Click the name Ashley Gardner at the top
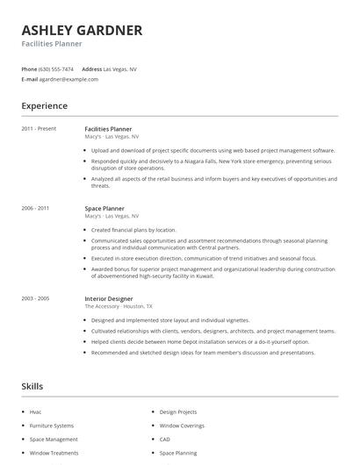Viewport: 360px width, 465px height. point(82,30)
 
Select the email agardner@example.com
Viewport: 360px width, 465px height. point(68,79)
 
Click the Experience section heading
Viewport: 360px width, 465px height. point(44,106)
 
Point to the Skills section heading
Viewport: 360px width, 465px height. point(32,386)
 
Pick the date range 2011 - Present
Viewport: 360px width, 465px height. point(39,129)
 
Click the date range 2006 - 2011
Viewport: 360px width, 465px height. point(35,209)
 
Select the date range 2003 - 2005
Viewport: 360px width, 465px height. point(35,299)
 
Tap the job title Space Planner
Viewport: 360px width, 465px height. point(104,209)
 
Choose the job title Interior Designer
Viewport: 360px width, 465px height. point(109,299)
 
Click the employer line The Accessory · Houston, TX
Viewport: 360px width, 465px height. point(119,307)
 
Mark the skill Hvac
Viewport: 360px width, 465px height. point(36,411)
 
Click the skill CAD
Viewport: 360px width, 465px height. point(165,439)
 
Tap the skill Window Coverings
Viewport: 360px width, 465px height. point(181,425)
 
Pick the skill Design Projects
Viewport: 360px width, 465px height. point(178,411)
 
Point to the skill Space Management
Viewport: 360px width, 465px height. point(53,439)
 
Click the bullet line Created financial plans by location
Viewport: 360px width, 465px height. point(133,229)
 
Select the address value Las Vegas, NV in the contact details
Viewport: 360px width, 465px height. point(120,68)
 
